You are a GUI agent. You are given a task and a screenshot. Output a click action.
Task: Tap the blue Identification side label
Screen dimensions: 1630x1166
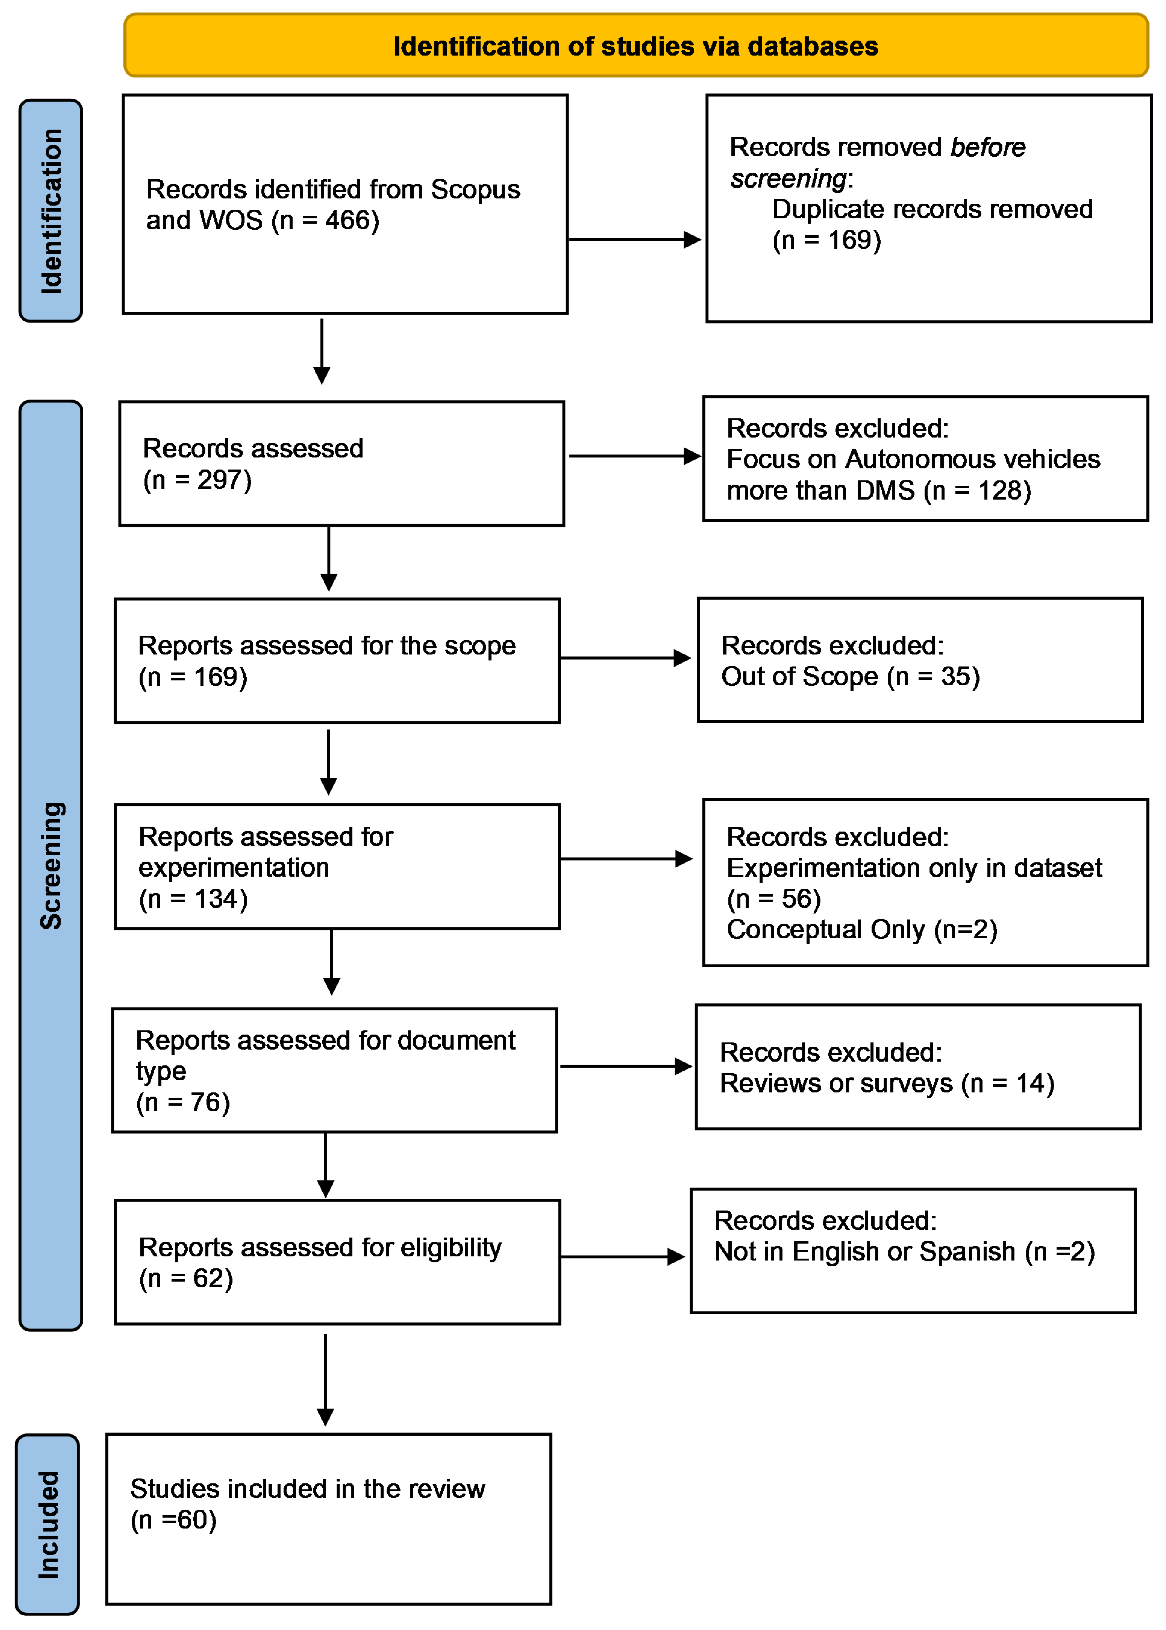point(50,210)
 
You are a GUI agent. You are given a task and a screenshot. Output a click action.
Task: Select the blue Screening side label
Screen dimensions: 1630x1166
point(50,865)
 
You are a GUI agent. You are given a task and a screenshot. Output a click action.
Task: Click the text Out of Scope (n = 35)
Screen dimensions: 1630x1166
point(850,676)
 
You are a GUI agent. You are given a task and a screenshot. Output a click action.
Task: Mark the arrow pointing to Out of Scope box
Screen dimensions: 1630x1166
point(625,658)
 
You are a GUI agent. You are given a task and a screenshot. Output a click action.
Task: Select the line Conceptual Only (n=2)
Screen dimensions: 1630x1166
point(861,929)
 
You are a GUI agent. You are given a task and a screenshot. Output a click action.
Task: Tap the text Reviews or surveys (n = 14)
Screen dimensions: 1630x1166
point(887,1083)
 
